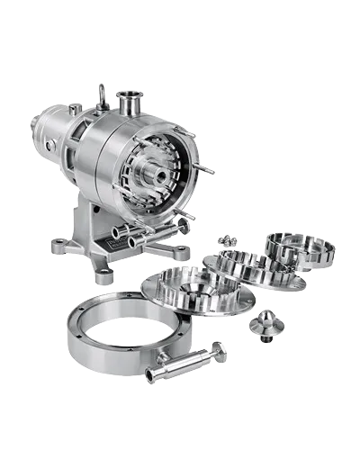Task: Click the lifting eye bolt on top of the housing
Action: pyautogui.click(x=102, y=93)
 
